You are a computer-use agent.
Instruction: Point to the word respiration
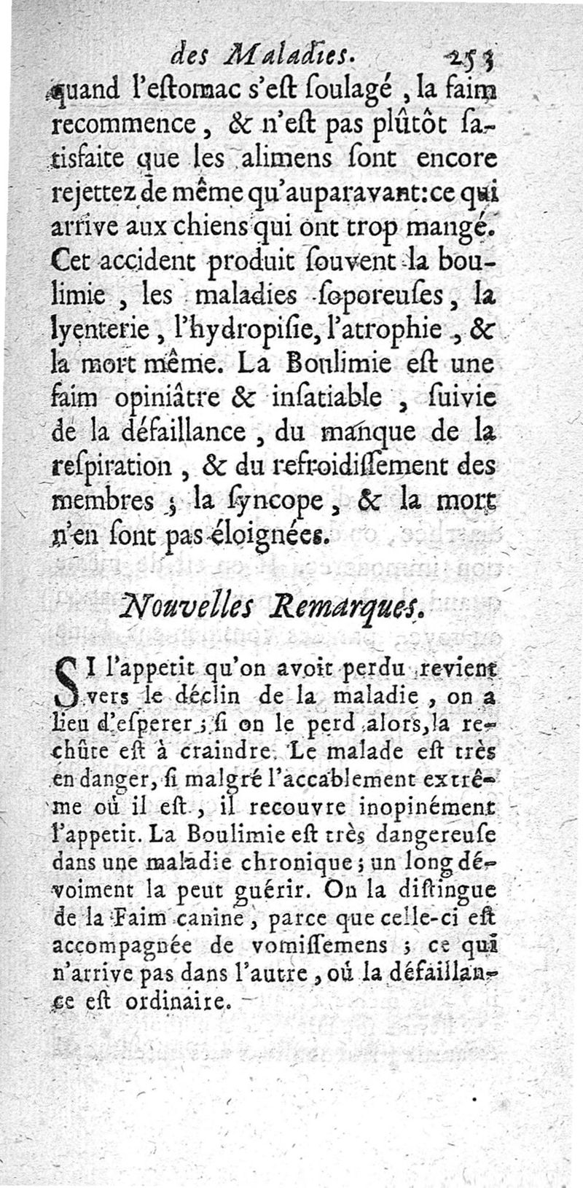click(111, 466)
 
